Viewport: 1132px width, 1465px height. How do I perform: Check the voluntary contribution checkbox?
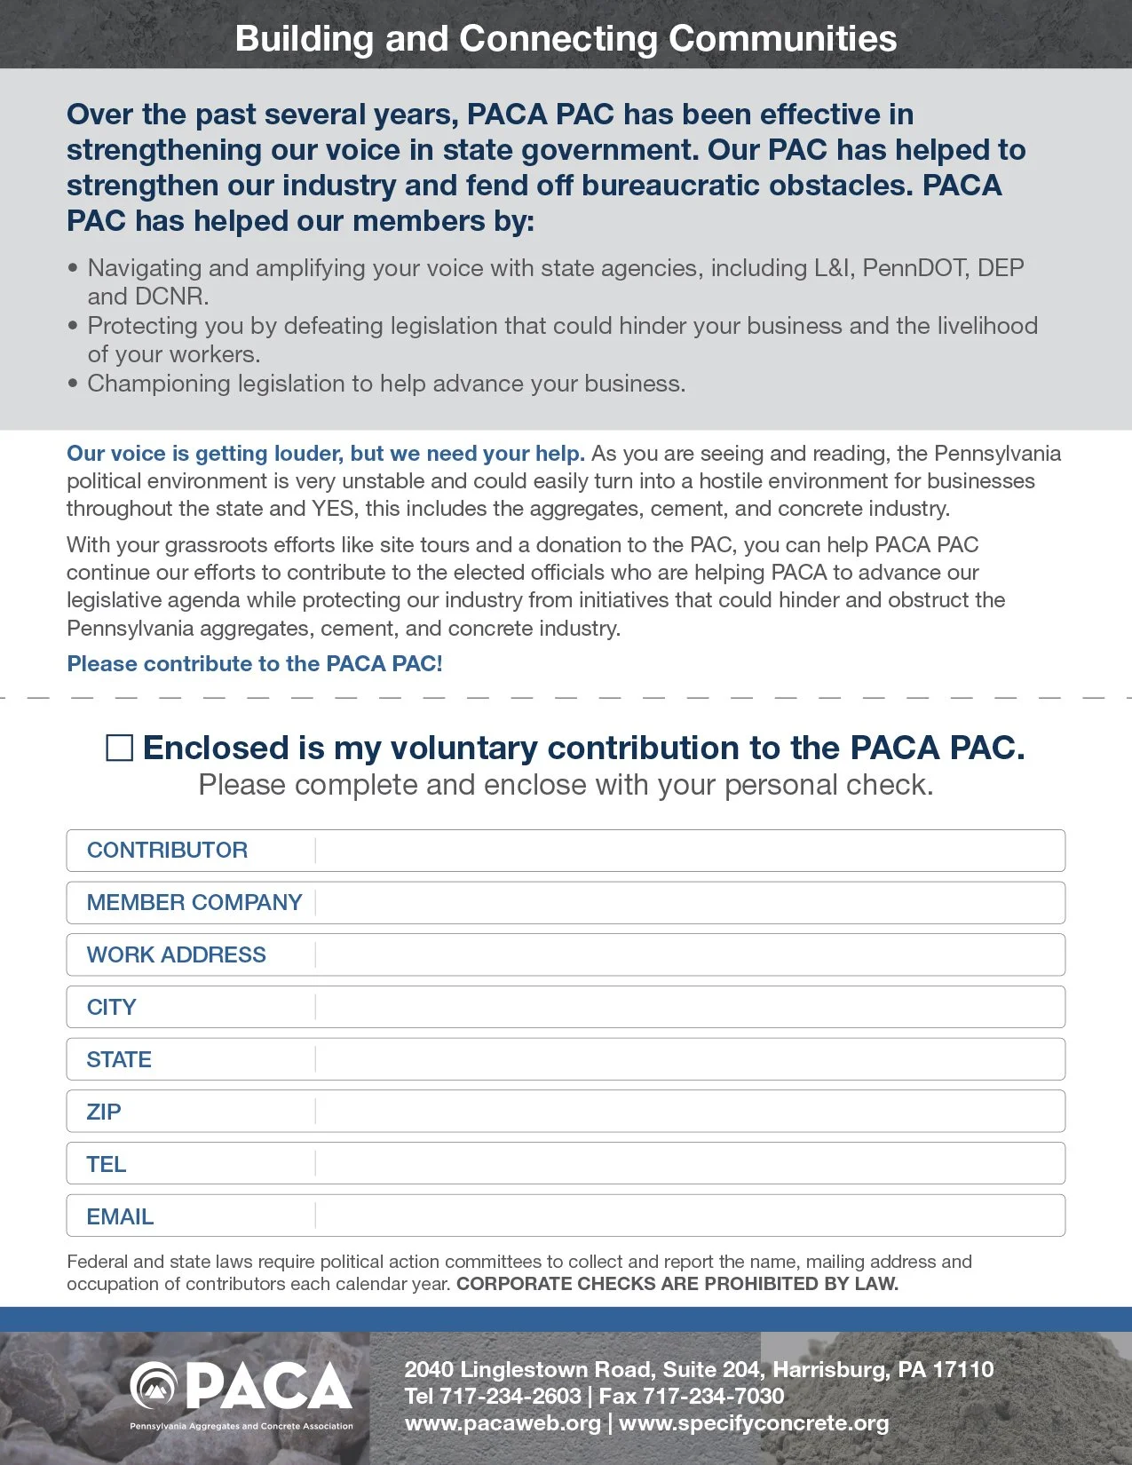[x=119, y=748]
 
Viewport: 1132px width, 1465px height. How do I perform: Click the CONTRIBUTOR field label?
[x=167, y=851]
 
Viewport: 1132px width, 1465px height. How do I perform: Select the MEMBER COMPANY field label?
[x=194, y=903]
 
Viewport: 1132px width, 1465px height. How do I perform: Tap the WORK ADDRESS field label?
[x=176, y=955]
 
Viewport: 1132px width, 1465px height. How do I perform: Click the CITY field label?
[x=111, y=1008]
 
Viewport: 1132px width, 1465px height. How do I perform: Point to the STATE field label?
[x=119, y=1060]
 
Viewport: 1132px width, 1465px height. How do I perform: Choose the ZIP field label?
[x=103, y=1113]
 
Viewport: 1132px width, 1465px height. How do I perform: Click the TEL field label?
[x=106, y=1165]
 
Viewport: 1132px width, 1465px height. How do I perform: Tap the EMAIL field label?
[x=120, y=1217]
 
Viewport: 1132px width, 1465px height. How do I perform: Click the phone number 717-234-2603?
[x=511, y=1397]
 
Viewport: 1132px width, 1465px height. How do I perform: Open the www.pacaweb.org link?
[x=503, y=1423]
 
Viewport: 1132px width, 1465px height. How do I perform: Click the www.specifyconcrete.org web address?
[x=754, y=1423]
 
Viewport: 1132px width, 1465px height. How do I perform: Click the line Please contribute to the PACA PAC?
[x=255, y=664]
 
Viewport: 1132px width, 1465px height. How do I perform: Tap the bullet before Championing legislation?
[x=73, y=384]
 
